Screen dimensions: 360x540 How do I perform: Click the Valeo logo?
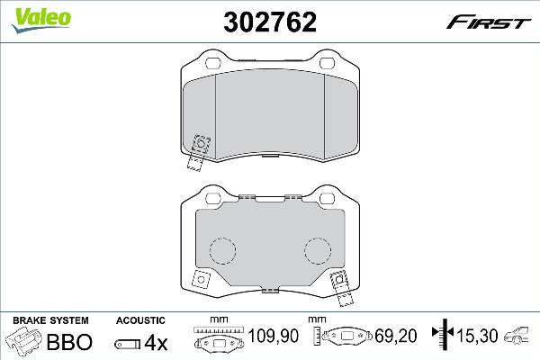(31, 12)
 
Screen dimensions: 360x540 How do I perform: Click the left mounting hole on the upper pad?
(213, 63)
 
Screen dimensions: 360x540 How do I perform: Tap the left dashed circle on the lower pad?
(221, 253)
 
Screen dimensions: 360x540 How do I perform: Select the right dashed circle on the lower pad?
(317, 253)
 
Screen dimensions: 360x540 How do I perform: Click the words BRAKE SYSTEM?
(49, 320)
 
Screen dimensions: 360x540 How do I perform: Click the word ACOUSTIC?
(141, 320)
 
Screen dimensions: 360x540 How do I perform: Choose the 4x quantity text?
(157, 342)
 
